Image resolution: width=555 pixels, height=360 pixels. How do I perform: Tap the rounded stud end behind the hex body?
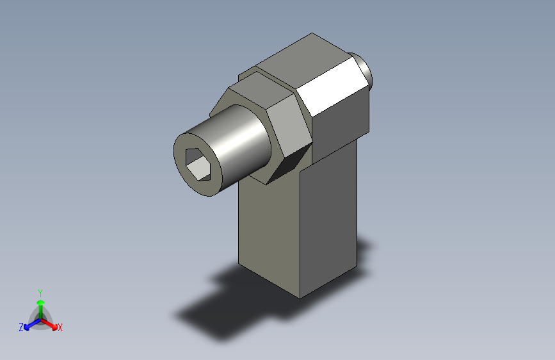pos(364,69)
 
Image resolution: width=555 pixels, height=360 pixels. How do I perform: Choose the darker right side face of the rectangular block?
pos(330,218)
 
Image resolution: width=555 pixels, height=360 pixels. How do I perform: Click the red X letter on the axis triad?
pos(60,327)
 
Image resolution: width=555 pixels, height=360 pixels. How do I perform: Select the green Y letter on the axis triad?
pos(40,292)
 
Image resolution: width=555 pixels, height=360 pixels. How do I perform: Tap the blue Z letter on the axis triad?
pos(21,327)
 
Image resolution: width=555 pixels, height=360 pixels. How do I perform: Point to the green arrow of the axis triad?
pos(40,304)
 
